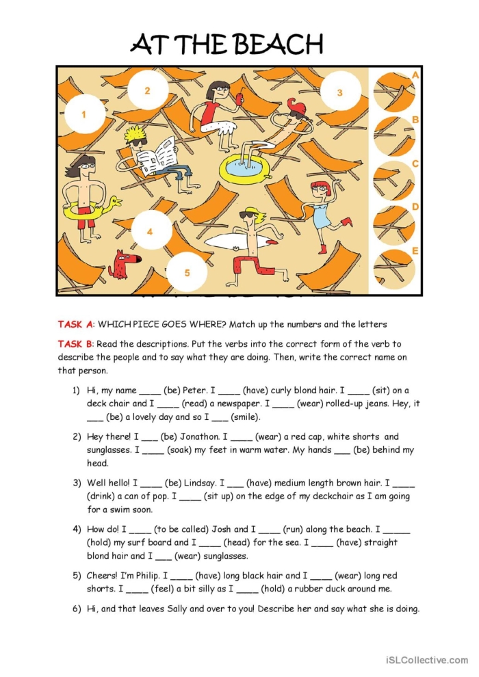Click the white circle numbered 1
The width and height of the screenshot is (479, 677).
(84, 114)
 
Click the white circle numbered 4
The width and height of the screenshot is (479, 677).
(150, 232)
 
